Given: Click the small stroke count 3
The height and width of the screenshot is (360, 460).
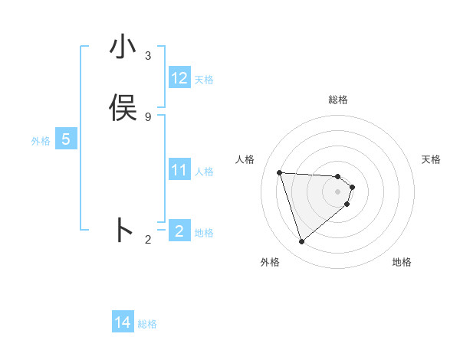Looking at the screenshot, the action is click(148, 56).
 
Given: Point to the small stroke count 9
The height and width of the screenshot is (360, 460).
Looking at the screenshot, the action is click(148, 116).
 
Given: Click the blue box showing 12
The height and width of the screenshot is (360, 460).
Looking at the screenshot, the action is click(179, 78).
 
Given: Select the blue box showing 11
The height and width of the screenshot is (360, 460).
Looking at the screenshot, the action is click(179, 170).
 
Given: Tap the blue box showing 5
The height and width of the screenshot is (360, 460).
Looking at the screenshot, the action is click(66, 139).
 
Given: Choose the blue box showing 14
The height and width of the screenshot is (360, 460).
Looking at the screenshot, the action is click(123, 322).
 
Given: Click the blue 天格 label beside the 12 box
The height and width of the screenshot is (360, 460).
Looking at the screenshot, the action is click(204, 80).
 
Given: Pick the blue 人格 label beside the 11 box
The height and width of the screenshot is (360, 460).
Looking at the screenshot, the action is click(205, 172).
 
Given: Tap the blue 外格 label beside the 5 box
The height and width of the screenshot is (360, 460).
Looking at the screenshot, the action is click(41, 141).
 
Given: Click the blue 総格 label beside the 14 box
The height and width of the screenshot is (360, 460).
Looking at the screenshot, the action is click(147, 324).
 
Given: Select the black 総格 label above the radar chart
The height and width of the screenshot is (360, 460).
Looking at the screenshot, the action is click(338, 100).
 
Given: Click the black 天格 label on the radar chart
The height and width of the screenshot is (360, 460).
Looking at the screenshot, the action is click(431, 159).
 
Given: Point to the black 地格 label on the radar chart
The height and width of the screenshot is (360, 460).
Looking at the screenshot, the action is click(402, 262).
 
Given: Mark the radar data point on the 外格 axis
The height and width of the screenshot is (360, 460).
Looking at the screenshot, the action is click(301, 242).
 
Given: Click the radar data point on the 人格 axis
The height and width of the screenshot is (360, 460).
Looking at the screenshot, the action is click(280, 172).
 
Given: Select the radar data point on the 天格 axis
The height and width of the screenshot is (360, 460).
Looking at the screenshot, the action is click(352, 187).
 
